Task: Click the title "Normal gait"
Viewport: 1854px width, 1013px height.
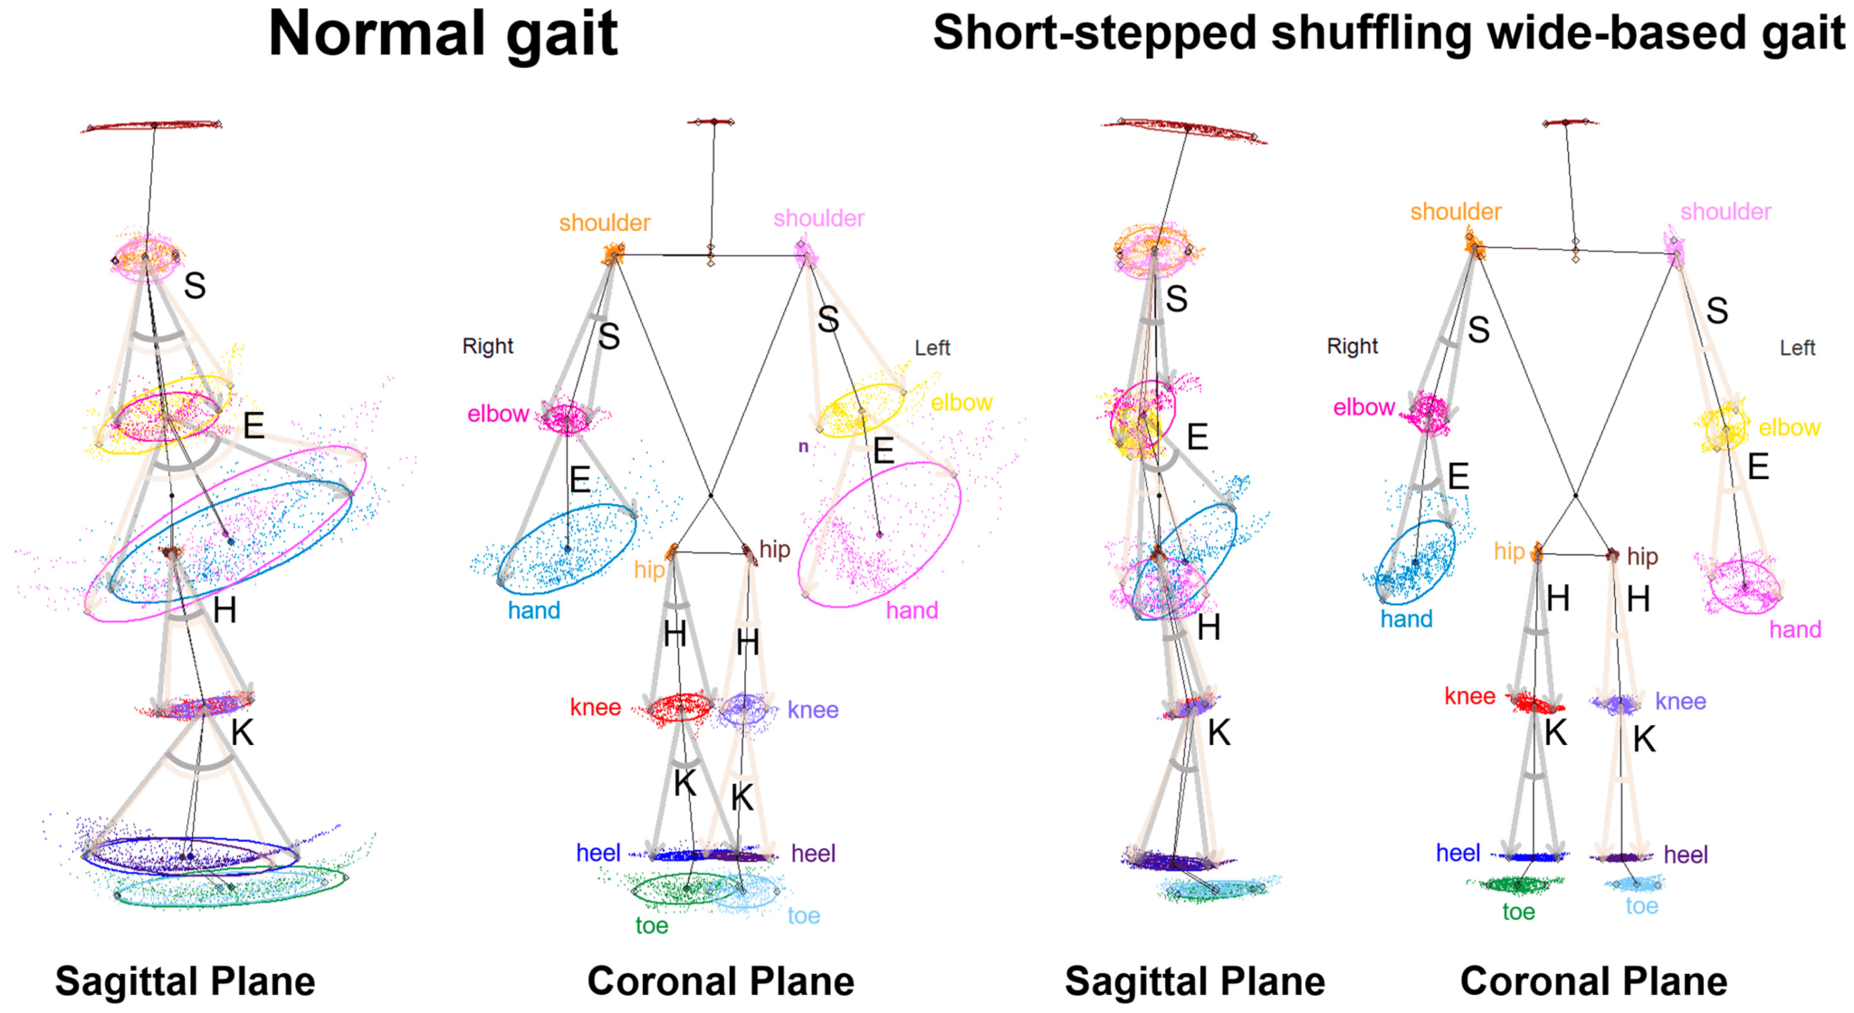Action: pyautogui.click(x=443, y=34)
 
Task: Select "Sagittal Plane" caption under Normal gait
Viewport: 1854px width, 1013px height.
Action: pyautogui.click(x=185, y=981)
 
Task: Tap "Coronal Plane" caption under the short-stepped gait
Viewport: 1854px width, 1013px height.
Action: pyautogui.click(x=1593, y=981)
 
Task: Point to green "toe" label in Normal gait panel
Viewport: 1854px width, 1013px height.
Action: pyautogui.click(x=652, y=925)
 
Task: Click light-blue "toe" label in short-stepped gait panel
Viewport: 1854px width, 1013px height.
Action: pyautogui.click(x=1641, y=906)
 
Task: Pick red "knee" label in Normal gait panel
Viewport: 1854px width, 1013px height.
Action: pyautogui.click(x=595, y=707)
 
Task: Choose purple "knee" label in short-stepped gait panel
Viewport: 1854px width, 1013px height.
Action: pyautogui.click(x=1680, y=701)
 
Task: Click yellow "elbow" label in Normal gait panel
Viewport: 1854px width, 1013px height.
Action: pyautogui.click(x=961, y=403)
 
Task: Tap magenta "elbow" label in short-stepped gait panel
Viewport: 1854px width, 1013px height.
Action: pyautogui.click(x=1363, y=407)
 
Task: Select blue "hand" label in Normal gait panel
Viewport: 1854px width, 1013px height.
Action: pyautogui.click(x=533, y=610)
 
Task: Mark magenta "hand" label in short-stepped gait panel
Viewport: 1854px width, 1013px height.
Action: pyautogui.click(x=1795, y=629)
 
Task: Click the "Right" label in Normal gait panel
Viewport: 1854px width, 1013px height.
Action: pyautogui.click(x=487, y=346)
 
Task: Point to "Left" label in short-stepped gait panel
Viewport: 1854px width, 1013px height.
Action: pyautogui.click(x=1797, y=348)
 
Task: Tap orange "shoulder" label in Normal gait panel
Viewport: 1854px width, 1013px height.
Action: pyautogui.click(x=604, y=223)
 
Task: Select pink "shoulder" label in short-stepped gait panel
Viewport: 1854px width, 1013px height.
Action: pyautogui.click(x=1725, y=212)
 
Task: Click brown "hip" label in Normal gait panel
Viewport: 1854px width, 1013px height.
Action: pyautogui.click(x=774, y=550)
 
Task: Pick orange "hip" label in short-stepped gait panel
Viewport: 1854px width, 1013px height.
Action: pyautogui.click(x=1509, y=551)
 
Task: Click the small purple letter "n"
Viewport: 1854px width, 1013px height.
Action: pyautogui.click(x=803, y=446)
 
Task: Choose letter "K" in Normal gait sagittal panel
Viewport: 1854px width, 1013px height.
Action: pyautogui.click(x=242, y=732)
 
